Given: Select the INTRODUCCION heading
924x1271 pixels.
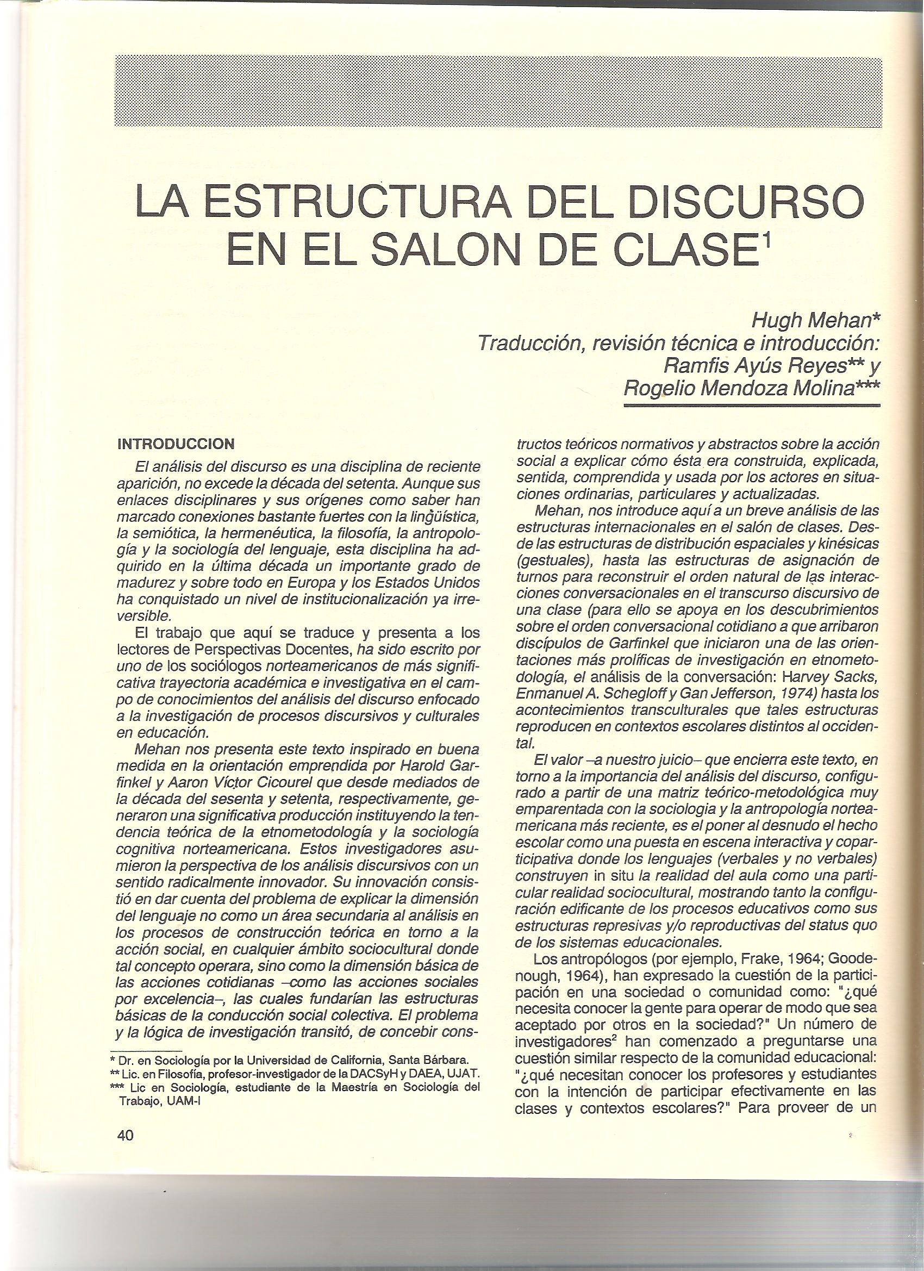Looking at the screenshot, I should tap(176, 444).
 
